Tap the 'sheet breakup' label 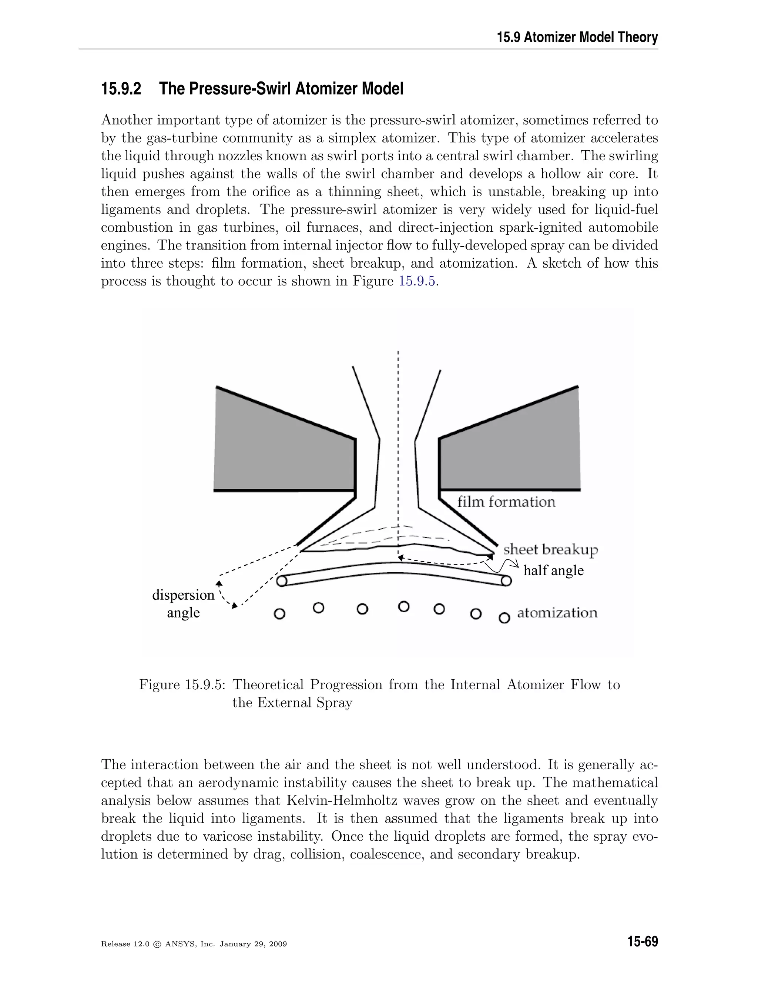[x=550, y=549]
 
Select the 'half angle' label [x=553, y=570]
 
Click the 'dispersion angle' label [x=183, y=603]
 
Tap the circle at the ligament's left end [x=282, y=581]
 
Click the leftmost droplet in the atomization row [x=279, y=613]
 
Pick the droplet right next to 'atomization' [x=504, y=619]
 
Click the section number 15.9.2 [x=121, y=89]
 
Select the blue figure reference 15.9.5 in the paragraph [x=417, y=282]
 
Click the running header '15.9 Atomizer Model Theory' [x=577, y=37]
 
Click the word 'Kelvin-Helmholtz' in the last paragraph [x=339, y=800]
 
